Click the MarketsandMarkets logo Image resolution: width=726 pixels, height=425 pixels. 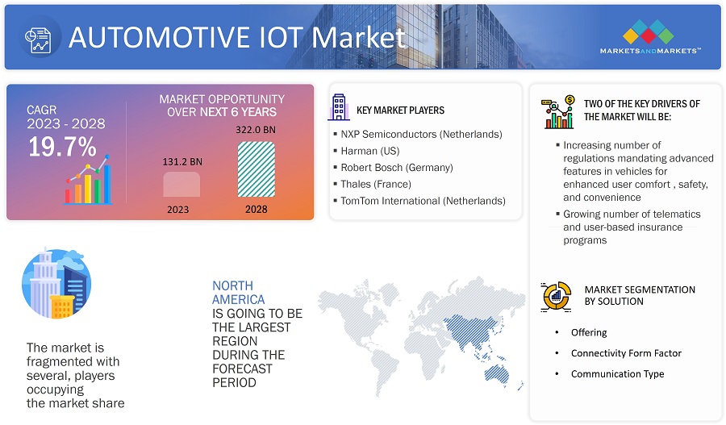(x=650, y=36)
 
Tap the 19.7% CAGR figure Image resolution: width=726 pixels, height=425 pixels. (x=62, y=147)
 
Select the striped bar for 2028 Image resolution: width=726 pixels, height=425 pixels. (x=256, y=169)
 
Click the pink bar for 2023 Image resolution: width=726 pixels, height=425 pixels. (x=181, y=184)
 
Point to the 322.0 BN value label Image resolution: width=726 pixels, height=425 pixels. (x=256, y=130)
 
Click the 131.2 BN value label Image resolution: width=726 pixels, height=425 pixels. (x=182, y=161)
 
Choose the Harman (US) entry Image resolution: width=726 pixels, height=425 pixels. (x=370, y=151)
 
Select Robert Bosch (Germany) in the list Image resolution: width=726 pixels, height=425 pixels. (x=397, y=168)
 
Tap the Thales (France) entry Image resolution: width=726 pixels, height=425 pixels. (x=376, y=184)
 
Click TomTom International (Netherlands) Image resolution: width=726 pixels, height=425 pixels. (x=423, y=201)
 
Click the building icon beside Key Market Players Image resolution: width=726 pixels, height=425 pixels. (x=339, y=107)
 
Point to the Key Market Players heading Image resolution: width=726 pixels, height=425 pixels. (x=400, y=110)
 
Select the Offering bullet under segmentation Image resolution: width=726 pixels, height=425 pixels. (x=589, y=332)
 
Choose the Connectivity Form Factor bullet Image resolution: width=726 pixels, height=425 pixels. (x=626, y=353)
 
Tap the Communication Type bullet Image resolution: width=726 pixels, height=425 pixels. (x=617, y=374)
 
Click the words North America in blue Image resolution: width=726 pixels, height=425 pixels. (x=239, y=293)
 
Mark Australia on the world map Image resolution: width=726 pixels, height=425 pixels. (x=497, y=374)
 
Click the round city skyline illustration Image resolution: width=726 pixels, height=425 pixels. (x=56, y=283)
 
